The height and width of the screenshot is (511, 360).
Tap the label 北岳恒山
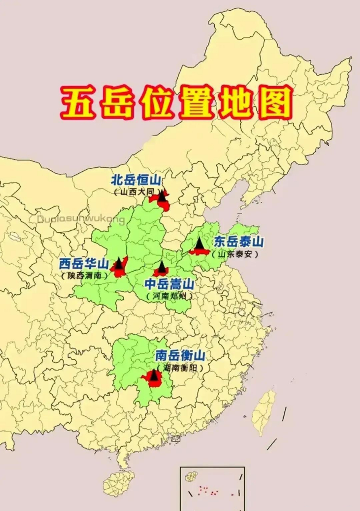[x=136, y=179]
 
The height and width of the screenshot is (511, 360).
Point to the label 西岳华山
[x=84, y=263]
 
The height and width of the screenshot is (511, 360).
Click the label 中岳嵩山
[x=169, y=284]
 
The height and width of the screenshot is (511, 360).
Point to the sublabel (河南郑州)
[x=169, y=296]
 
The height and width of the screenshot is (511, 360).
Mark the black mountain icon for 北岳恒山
[x=162, y=196]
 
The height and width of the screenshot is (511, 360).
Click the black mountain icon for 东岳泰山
[x=199, y=243]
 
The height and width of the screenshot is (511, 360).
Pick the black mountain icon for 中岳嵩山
[x=162, y=267]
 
